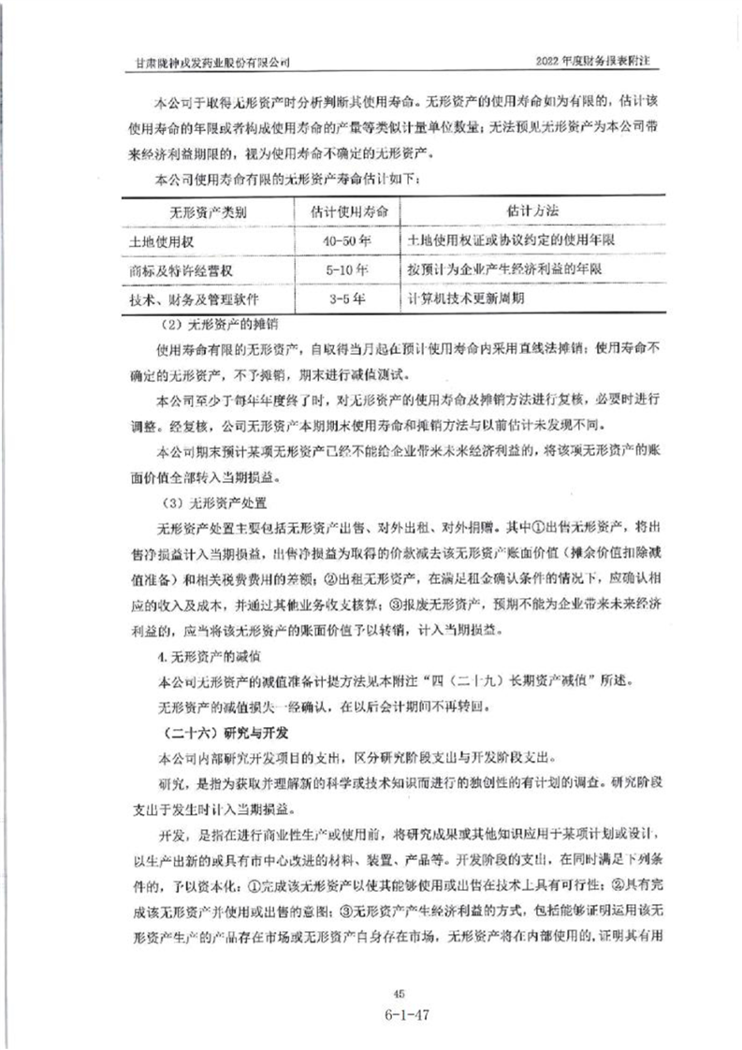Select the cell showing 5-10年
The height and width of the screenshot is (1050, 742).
pos(344,270)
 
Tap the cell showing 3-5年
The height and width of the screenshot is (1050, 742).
pos(344,299)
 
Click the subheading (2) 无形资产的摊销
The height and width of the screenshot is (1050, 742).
pos(222,325)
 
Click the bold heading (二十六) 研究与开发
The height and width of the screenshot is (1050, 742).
pos(213,730)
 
